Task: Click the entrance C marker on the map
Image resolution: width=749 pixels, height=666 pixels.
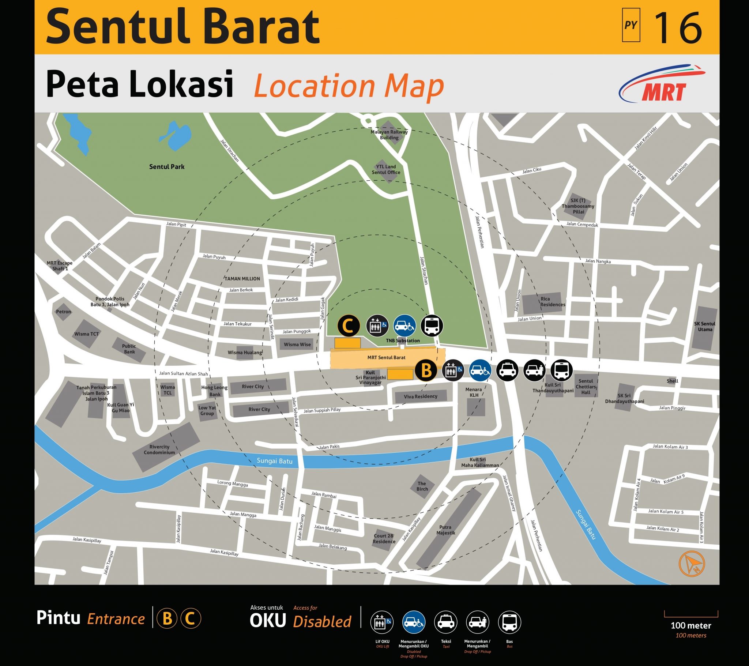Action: point(348,325)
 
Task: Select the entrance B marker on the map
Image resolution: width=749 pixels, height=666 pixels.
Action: point(426,371)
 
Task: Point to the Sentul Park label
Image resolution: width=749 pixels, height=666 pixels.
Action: point(167,167)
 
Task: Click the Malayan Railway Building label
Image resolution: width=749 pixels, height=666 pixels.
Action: point(389,135)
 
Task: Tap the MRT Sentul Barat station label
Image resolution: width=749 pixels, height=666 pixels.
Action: point(386,357)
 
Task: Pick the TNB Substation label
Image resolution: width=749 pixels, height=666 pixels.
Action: point(403,340)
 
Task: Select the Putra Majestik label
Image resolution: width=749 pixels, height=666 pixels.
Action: point(445,530)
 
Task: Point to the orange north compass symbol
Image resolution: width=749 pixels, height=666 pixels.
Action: point(692,564)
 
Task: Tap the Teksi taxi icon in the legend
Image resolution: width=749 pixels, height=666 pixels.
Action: point(446,622)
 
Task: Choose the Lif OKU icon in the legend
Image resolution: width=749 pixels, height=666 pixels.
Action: point(382,622)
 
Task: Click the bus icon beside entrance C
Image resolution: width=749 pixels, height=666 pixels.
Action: point(432,326)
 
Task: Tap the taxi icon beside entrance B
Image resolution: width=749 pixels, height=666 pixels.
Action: point(507,371)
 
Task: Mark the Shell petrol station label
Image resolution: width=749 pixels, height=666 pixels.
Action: point(673,381)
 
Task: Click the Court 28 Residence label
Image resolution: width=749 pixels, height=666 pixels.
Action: point(384,538)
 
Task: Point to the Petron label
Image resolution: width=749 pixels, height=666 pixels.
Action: point(63,312)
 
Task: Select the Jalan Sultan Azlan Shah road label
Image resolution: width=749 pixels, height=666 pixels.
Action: point(183,374)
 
